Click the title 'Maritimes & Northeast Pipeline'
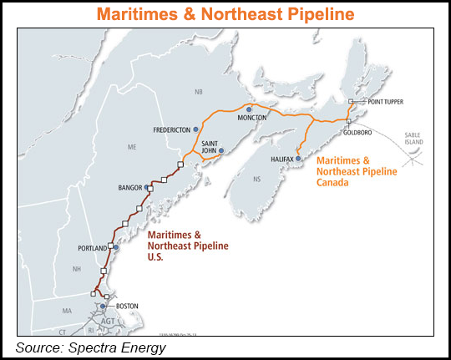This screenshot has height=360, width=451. pos(225,14)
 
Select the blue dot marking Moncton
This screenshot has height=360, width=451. pos(249,109)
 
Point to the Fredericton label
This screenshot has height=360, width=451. pos(172,130)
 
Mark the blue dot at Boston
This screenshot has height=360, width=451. pos(104,307)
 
